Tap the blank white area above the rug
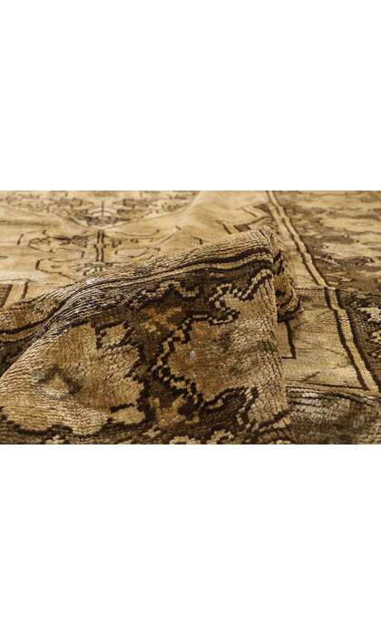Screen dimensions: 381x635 (x=190, y=91)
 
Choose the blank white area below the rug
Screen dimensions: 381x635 (x=190, y=544)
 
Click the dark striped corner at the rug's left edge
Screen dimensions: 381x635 (x=7, y=295)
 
